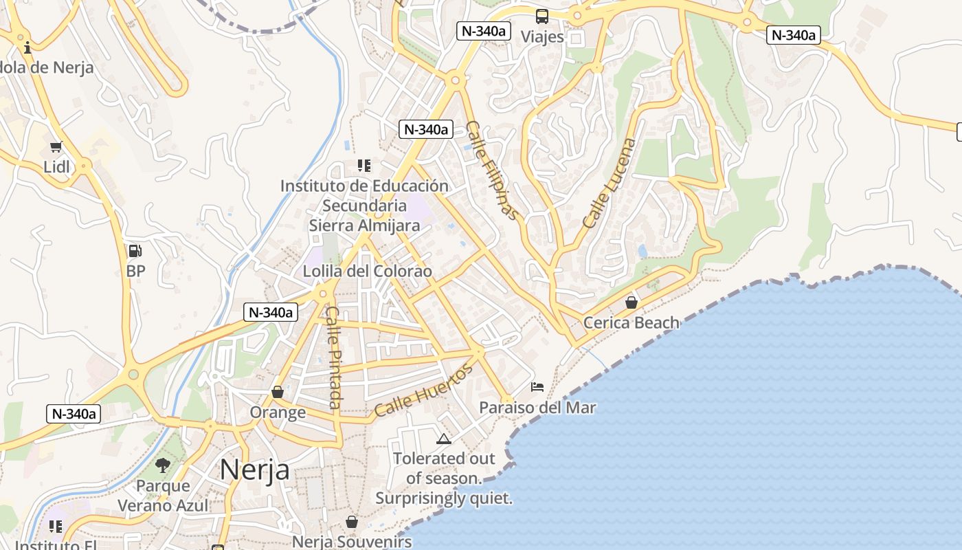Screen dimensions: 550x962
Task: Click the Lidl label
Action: (56, 166)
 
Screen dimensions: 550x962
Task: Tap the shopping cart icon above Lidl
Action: (56, 146)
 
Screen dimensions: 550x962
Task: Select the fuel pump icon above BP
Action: (135, 251)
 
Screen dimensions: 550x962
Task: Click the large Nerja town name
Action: (254, 470)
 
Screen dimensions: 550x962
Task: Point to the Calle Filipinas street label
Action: (492, 170)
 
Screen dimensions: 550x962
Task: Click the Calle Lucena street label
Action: (609, 184)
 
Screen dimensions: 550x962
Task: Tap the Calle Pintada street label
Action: (334, 357)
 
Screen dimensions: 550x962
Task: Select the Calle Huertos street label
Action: (424, 390)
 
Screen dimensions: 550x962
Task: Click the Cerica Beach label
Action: (631, 322)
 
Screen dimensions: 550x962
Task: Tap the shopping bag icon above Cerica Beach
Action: (631, 302)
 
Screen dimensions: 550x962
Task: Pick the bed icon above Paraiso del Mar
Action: (537, 387)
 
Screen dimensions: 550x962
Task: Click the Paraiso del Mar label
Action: (537, 408)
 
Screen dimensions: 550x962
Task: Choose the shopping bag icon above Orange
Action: (278, 392)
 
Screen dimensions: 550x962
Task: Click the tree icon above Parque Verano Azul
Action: (163, 465)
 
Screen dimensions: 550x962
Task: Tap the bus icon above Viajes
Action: (542, 16)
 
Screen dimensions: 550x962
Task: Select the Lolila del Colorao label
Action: (368, 272)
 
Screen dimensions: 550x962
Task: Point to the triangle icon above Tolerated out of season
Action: (444, 439)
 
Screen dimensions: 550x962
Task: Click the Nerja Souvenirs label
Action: (352, 542)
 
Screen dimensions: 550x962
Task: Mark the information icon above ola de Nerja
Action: (27, 47)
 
